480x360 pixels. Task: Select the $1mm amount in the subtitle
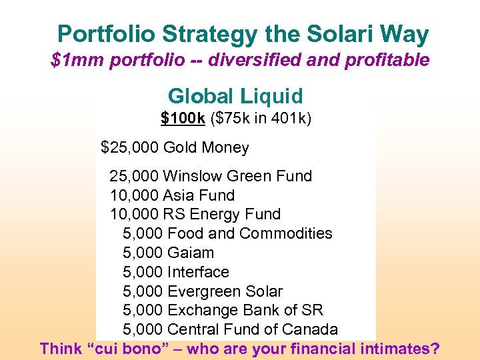(73, 61)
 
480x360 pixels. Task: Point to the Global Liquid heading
(235, 96)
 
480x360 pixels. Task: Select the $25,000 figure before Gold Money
(129, 147)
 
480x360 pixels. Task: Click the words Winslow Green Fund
(237, 176)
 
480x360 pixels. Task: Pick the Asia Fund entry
(199, 195)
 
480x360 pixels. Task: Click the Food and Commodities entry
(250, 233)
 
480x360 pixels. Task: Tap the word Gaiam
(191, 253)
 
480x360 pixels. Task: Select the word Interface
(198, 272)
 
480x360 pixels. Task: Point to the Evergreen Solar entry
(225, 291)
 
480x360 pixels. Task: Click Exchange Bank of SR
(245, 310)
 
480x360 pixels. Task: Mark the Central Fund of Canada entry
(253, 329)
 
